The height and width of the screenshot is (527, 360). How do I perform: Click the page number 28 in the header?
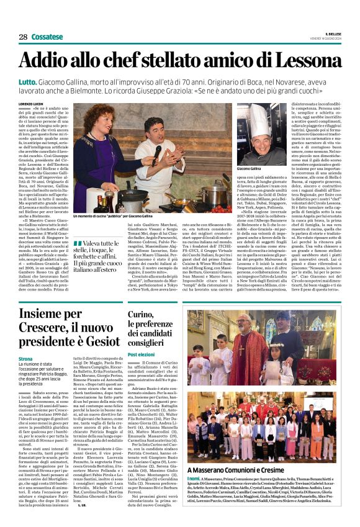pos(23,37)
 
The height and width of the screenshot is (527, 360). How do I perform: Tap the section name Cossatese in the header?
pos(50,37)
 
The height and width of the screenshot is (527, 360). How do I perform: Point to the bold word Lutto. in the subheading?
pos(28,81)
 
